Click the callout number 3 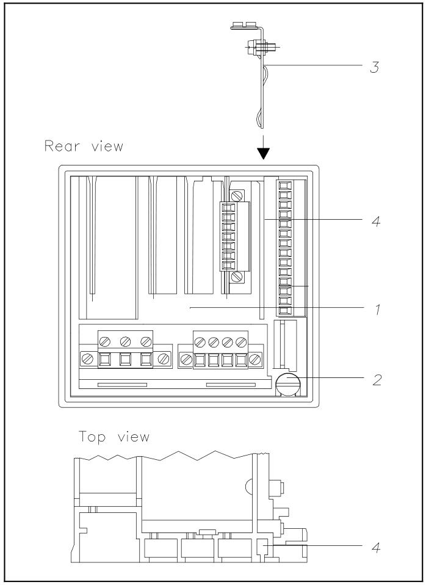375,67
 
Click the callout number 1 378,309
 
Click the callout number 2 377,380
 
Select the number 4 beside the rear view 376,221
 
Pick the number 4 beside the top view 376,547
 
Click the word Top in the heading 92,437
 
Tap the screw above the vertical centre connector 236,195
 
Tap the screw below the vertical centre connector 236,277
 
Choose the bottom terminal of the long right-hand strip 284,310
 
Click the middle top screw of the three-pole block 125,341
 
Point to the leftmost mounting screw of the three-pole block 87,359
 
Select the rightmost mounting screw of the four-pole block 255,360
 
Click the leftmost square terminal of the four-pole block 200,360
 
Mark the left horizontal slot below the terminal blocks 122,385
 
